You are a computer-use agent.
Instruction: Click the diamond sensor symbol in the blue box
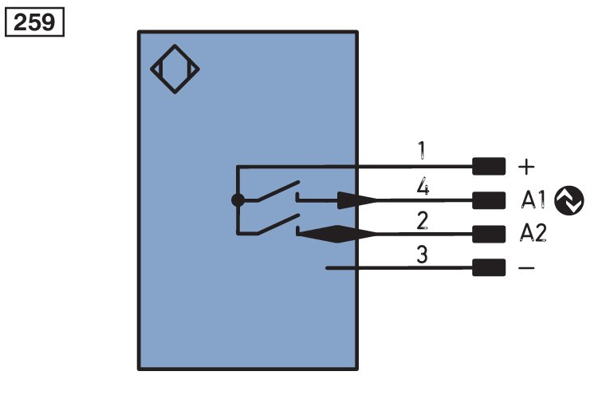tap(175, 69)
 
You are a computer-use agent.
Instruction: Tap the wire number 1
tap(420, 150)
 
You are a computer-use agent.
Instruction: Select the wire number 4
tap(423, 188)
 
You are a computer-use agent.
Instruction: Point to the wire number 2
tap(422, 221)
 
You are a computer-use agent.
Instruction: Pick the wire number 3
tap(422, 255)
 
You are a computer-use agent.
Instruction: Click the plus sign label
tap(526, 167)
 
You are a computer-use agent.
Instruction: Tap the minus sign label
tap(526, 268)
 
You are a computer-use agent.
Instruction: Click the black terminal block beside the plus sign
tap(489, 167)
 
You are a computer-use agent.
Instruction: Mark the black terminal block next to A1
tap(489, 200)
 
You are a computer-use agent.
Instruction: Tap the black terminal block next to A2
tap(489, 234)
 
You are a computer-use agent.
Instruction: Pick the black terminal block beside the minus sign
tap(489, 268)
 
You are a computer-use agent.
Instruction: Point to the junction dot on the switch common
tap(237, 200)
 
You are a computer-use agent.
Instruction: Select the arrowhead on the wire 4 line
tap(356, 200)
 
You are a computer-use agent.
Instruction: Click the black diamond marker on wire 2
tap(336, 233)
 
